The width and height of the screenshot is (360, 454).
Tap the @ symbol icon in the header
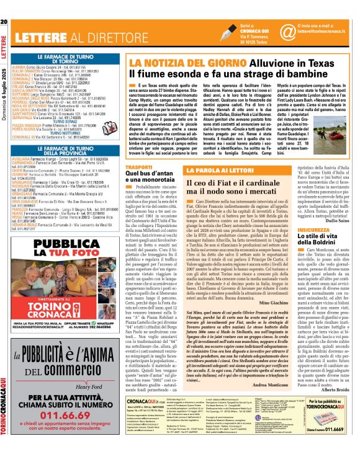287,30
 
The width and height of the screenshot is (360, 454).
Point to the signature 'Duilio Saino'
338,220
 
